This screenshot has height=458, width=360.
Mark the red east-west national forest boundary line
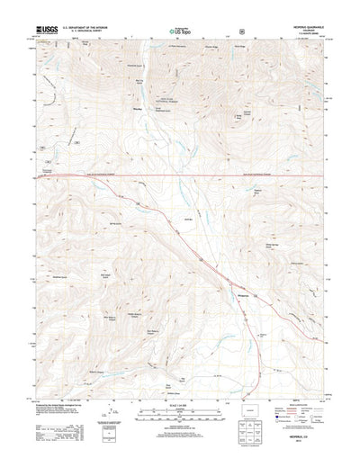(x=180, y=175)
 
